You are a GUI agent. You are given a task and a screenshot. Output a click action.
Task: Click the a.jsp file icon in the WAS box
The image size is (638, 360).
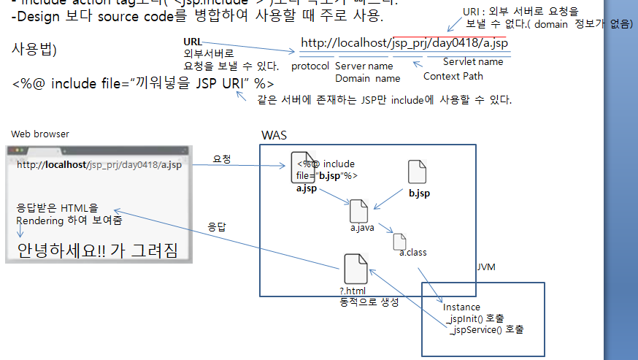(302, 167)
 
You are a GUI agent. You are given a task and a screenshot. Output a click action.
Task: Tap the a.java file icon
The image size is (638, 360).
(359, 211)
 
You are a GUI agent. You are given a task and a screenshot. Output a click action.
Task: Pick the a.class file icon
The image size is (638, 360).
(399, 242)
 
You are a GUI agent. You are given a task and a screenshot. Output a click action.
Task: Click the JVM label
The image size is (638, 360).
(486, 267)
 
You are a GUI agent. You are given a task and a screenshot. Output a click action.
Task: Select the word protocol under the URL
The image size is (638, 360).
(310, 66)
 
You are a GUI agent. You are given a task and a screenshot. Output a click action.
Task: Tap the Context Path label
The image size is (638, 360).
(453, 76)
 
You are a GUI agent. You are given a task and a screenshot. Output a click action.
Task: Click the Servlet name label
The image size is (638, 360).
(473, 62)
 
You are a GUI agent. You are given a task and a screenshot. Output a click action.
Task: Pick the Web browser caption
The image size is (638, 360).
(40, 134)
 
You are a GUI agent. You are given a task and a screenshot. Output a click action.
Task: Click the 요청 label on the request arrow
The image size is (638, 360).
(222, 158)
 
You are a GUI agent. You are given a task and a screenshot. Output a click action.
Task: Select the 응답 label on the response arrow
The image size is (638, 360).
(217, 226)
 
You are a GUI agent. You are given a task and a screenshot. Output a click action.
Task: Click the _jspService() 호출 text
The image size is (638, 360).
(487, 329)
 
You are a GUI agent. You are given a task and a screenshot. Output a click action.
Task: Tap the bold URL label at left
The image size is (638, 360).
(193, 42)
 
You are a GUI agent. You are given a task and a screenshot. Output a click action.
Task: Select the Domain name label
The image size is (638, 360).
(367, 78)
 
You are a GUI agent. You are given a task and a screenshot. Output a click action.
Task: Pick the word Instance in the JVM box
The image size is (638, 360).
(461, 307)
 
